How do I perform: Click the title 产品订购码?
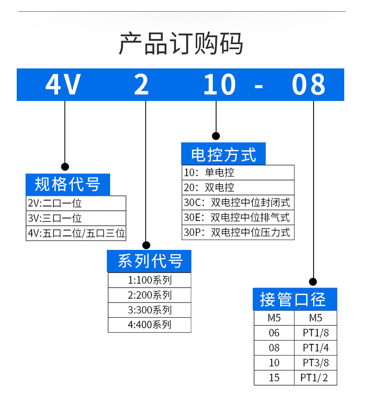click(181, 44)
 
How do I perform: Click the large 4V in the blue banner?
click(63, 85)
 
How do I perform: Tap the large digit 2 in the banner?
click(141, 85)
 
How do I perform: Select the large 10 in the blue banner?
click(220, 85)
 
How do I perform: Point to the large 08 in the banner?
click(309, 85)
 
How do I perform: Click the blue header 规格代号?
click(67, 184)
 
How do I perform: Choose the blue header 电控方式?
click(223, 154)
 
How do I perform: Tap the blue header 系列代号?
click(150, 261)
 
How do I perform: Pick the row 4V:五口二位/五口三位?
click(76, 233)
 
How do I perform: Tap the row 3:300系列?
click(150, 309)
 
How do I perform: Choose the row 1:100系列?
click(150, 280)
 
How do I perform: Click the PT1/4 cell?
click(315, 348)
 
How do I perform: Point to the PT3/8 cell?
click(315, 362)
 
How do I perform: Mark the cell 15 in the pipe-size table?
click(274, 377)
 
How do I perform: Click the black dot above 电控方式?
click(216, 136)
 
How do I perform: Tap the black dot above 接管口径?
click(313, 282)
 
